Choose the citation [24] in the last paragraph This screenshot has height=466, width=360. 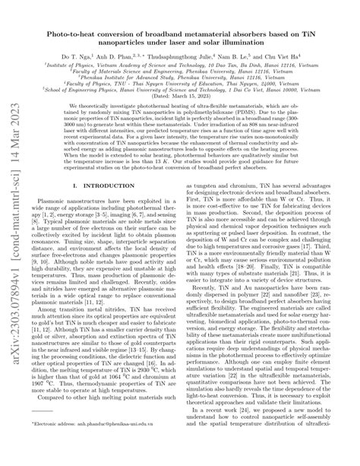tap(249, 433)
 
